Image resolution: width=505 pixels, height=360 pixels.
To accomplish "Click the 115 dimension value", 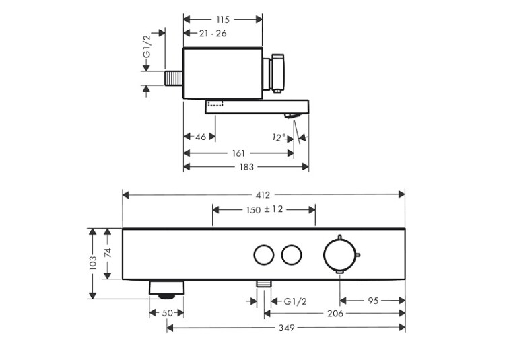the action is click(x=223, y=20).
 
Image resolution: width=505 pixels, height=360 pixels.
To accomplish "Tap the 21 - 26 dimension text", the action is click(x=213, y=33).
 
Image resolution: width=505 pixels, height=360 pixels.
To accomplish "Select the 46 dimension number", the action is click(x=201, y=137).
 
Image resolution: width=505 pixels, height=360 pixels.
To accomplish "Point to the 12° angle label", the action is click(x=279, y=137).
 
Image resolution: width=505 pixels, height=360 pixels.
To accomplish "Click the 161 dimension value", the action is click(x=238, y=153).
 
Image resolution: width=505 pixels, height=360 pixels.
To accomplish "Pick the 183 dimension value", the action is click(x=246, y=167).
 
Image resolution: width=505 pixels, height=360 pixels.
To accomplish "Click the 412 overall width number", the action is click(x=263, y=195).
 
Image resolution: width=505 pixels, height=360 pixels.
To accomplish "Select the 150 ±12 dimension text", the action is click(x=265, y=210).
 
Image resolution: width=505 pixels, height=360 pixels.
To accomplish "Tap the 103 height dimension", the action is click(x=93, y=262).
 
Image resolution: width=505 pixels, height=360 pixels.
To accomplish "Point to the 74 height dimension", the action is click(x=108, y=252).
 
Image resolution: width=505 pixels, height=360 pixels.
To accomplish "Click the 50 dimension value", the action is click(x=167, y=313).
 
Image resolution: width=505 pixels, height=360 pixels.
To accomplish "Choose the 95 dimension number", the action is click(x=373, y=301).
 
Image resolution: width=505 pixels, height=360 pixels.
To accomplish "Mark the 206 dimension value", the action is click(x=335, y=314).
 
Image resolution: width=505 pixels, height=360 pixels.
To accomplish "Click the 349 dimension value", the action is click(x=286, y=328).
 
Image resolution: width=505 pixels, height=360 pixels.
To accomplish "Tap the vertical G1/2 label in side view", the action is click(x=147, y=46).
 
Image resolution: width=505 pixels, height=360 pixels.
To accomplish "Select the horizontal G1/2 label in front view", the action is click(x=296, y=301).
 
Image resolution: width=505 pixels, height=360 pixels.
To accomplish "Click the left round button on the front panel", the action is click(x=264, y=255).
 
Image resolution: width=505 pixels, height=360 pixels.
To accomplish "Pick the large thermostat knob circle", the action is click(x=339, y=254).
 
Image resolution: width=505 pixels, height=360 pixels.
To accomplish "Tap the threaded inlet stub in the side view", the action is click(x=174, y=78).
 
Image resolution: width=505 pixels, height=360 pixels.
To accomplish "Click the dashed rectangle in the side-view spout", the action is click(x=215, y=103).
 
